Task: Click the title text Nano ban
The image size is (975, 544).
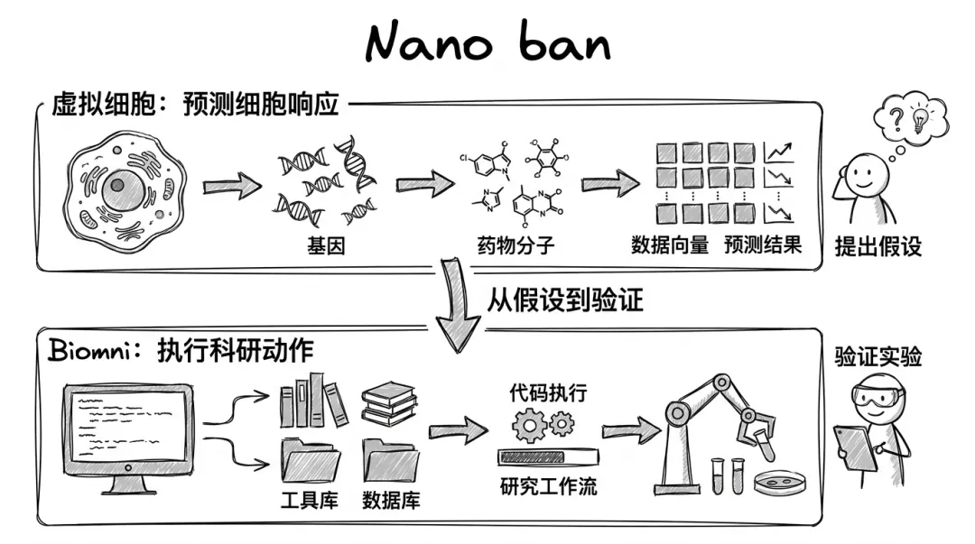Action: [488, 42]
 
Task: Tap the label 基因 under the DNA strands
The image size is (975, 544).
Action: [325, 246]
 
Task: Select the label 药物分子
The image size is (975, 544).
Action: [515, 245]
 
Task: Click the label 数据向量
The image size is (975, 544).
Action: [670, 245]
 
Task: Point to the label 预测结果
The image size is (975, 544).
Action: [763, 245]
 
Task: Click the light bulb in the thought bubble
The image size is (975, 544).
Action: [920, 118]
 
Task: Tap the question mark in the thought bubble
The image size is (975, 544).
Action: [896, 118]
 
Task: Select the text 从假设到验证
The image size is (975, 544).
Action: [564, 300]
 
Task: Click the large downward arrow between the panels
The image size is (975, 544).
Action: [458, 305]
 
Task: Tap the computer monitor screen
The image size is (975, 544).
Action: [128, 426]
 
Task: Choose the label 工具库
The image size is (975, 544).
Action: [309, 500]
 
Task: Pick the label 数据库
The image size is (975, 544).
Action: [391, 500]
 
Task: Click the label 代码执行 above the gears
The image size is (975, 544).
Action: [548, 393]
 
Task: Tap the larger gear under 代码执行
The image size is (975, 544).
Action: [529, 426]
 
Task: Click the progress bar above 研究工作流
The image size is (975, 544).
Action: [548, 457]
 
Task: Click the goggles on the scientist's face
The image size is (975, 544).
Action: [877, 396]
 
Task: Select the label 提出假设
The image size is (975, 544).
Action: [878, 247]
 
